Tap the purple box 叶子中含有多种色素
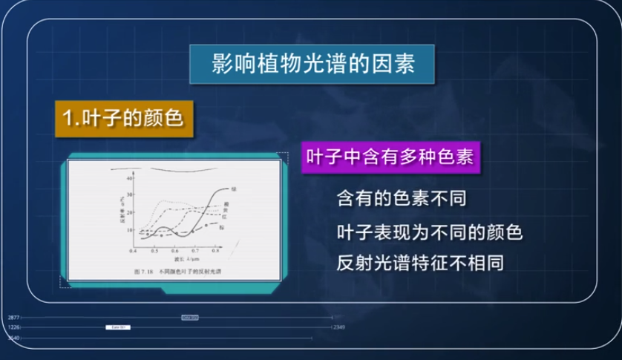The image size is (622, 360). (x=389, y=158)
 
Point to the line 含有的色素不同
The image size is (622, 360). (x=405, y=199)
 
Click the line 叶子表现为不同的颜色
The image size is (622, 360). (x=430, y=232)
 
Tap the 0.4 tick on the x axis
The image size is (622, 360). (x=134, y=252)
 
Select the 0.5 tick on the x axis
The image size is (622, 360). (x=154, y=252)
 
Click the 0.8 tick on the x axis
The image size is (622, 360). (x=215, y=252)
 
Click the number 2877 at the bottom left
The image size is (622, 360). (x=13, y=317)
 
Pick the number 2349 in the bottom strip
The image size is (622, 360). (x=339, y=327)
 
